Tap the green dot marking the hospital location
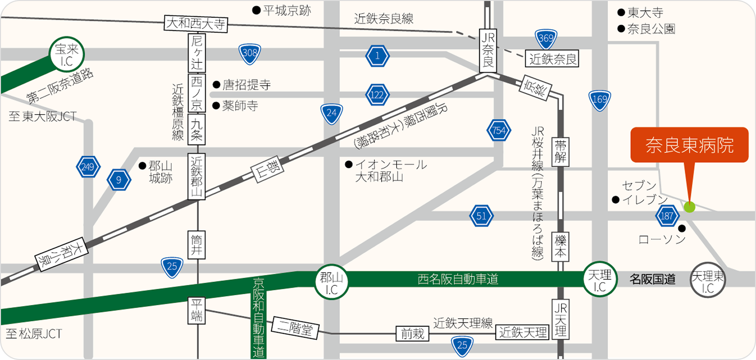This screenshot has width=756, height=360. coord(689,207)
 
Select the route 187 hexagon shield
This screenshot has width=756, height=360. coord(667,216)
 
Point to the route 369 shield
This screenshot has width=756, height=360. coord(547,39)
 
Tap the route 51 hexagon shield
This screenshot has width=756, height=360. coord(481,216)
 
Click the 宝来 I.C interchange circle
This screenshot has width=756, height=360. coord(67,54)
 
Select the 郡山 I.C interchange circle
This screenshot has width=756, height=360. coord(331,282)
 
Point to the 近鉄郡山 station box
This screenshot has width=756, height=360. coord(197,177)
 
